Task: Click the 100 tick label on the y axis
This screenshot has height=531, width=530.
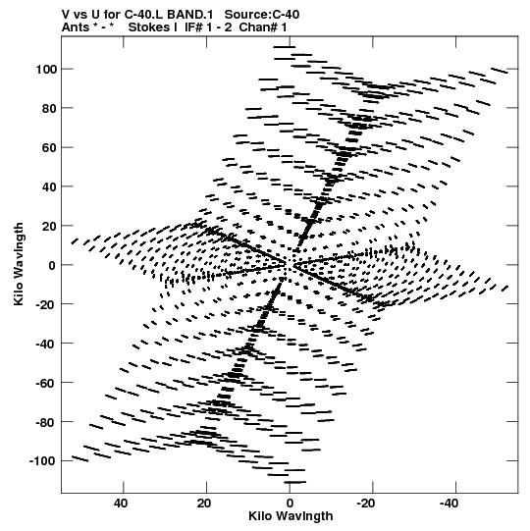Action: point(45,70)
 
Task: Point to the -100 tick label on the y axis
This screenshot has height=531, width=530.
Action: point(42,461)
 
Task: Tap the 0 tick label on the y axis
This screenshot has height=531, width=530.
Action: point(52,265)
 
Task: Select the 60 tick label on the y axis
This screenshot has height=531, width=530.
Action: point(49,147)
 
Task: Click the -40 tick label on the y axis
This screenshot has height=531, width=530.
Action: point(45,344)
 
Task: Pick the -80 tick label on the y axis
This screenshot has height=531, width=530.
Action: point(45,422)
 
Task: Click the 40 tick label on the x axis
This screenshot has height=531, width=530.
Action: point(121,504)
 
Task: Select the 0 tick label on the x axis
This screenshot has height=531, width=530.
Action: point(290,504)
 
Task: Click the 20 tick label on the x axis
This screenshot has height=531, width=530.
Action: point(204,504)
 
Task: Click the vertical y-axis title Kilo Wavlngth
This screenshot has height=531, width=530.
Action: point(19,264)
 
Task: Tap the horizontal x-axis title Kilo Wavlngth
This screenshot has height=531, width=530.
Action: point(291,516)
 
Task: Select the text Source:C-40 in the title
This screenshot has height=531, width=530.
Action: point(262,15)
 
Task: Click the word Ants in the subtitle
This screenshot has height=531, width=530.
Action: point(74,27)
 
